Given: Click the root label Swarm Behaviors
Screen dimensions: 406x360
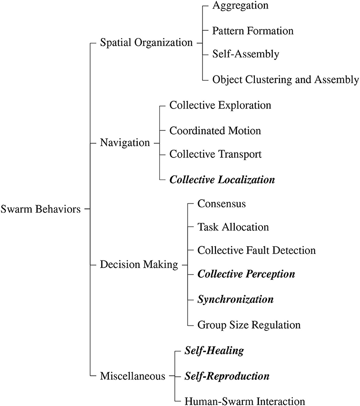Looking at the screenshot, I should pyautogui.click(x=41, y=210).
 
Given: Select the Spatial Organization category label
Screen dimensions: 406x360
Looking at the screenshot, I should pyautogui.click(x=146, y=43).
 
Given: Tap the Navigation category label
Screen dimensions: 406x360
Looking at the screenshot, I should pyautogui.click(x=125, y=143).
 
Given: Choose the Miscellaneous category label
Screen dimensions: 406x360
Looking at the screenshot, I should pyautogui.click(x=133, y=377).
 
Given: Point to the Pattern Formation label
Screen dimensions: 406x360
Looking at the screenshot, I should pyautogui.click(x=253, y=31).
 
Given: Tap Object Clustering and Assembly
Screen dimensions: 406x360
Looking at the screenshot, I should pyautogui.click(x=285, y=80).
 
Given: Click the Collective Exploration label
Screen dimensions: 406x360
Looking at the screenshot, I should pyautogui.click(x=220, y=105).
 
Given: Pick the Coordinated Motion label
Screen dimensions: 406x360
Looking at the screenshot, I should pyautogui.click(x=215, y=130).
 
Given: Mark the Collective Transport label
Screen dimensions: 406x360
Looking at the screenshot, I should pyautogui.click(x=215, y=154).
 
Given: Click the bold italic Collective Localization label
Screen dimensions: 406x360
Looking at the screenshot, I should pyautogui.click(x=222, y=179).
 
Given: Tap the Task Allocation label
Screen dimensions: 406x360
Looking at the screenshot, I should pyautogui.click(x=233, y=227).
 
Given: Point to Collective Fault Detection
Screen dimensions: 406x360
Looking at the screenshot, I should pyautogui.click(x=257, y=250).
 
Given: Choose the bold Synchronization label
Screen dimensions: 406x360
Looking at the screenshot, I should pyautogui.click(x=235, y=300).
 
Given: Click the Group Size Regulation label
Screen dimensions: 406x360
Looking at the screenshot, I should pyautogui.click(x=249, y=325).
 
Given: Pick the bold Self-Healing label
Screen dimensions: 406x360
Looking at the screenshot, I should pyautogui.click(x=214, y=351).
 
